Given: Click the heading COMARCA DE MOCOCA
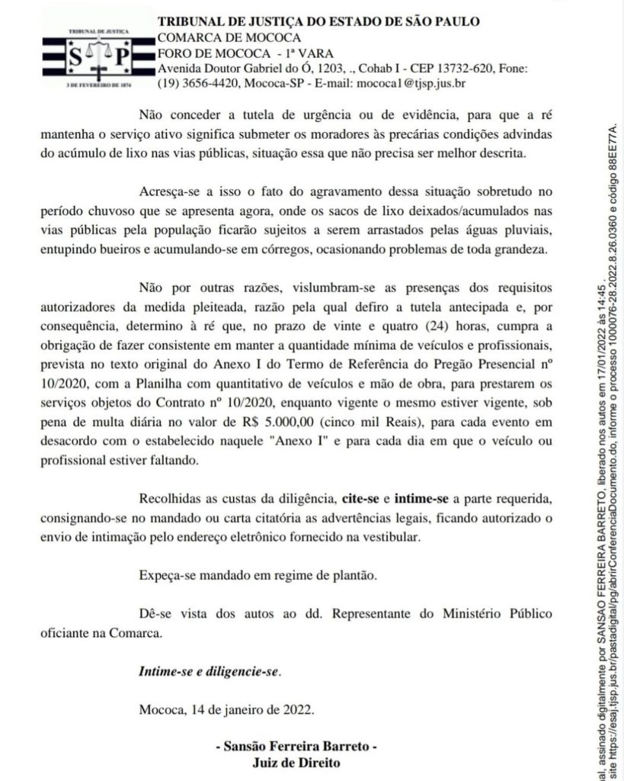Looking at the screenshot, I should [x=229, y=37].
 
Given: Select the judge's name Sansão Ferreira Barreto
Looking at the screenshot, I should [x=296, y=747].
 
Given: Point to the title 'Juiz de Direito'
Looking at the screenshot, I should [x=296, y=762].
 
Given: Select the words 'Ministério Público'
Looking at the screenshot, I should [x=496, y=614].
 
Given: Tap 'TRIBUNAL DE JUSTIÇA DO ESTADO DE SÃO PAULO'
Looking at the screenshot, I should [x=318, y=21].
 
